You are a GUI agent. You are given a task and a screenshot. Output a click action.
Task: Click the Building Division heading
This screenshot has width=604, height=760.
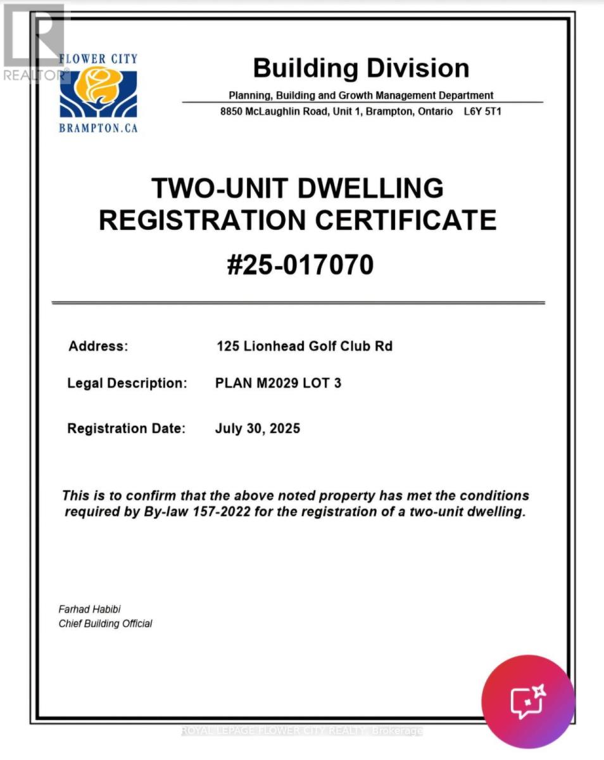361,68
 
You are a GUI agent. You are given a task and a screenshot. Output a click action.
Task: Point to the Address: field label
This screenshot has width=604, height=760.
98,346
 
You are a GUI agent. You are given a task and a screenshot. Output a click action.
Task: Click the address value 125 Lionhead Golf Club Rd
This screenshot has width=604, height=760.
304,346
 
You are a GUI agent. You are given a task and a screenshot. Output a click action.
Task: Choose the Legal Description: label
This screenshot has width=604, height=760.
127,383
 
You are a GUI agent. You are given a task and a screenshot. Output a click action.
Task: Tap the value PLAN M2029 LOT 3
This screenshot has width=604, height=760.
278,383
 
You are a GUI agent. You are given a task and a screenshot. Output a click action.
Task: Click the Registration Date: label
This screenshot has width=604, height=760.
126,428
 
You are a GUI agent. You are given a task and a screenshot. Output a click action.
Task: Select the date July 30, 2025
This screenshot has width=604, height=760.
257,428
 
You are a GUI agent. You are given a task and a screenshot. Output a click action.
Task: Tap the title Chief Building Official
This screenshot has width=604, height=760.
105,624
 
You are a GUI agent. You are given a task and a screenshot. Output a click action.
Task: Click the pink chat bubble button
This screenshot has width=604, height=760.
528,701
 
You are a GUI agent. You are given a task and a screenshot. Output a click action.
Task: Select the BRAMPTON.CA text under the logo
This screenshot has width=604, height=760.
98,128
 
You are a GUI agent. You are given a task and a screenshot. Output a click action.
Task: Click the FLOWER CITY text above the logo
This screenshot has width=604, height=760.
98,59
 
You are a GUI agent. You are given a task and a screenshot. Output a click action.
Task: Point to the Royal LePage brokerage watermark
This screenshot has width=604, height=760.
302,731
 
